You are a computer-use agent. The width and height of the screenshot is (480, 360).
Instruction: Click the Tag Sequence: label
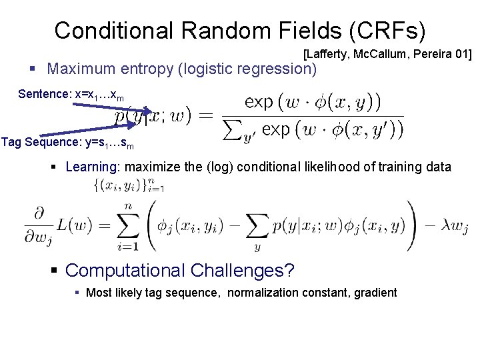[44, 141]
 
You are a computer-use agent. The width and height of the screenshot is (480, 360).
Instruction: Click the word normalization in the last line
[257, 292]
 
